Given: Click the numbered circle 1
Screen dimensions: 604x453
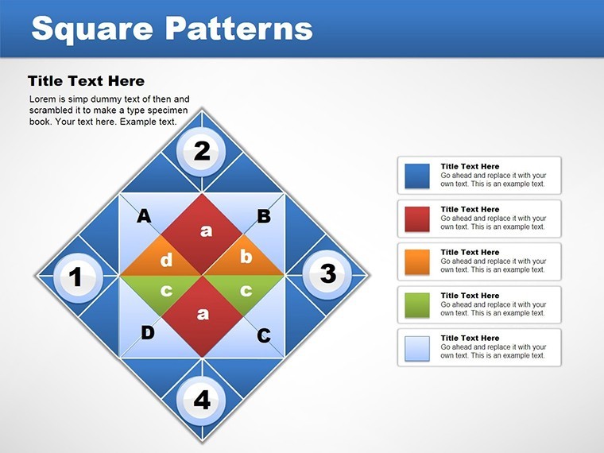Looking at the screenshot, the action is click(78, 277).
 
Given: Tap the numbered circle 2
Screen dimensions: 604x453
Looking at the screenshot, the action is click(201, 151).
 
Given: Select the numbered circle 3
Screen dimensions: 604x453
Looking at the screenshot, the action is click(327, 274).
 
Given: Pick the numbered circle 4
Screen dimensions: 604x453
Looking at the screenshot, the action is click(201, 401).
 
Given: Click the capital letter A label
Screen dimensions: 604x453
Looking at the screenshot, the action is click(144, 215).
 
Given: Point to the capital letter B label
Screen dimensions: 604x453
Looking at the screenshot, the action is click(264, 215).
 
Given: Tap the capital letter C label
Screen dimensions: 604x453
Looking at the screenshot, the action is click(264, 335).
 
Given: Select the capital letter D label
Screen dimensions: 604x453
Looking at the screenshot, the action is click(148, 333).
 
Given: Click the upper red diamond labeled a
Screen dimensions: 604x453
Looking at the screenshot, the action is click(202, 234).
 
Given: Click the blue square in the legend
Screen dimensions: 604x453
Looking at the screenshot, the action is click(417, 176).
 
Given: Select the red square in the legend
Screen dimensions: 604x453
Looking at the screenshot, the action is click(417, 219).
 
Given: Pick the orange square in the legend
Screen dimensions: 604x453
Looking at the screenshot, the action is click(417, 262).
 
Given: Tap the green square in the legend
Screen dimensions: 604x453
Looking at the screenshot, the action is click(417, 305).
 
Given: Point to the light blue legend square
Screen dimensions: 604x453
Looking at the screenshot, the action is click(417, 349).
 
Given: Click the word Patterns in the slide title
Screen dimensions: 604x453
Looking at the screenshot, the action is click(240, 29).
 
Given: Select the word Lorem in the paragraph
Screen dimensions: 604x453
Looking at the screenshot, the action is click(42, 99).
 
